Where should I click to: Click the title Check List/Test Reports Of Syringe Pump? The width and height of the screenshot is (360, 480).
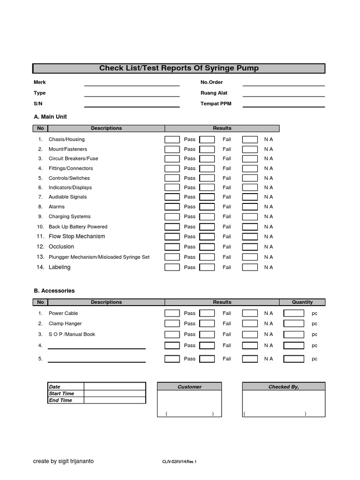pyautogui.click(x=179, y=68)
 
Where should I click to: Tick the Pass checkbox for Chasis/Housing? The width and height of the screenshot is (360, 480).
pyautogui.click(x=172, y=139)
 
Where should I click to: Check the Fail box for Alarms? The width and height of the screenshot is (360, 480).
pyautogui.click(x=207, y=207)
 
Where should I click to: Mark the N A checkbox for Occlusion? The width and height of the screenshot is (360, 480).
pyautogui.click(x=250, y=247)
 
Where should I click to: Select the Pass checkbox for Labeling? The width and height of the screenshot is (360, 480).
pyautogui.click(x=172, y=267)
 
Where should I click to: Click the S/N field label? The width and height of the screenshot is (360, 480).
pyautogui.click(x=37, y=104)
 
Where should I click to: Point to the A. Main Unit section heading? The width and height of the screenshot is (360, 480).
pyautogui.click(x=50, y=117)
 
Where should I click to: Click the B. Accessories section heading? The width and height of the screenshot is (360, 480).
pyautogui.click(x=54, y=291)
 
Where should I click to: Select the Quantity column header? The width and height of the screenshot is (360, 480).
pyautogui.click(x=302, y=302)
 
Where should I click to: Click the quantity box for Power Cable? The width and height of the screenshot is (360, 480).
pyautogui.click(x=294, y=313)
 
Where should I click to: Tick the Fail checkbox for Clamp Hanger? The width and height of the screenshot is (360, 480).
pyautogui.click(x=207, y=323)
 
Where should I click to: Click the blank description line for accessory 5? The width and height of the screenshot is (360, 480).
pyautogui.click(x=97, y=360)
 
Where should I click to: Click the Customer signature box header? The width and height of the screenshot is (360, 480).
pyautogui.click(x=189, y=387)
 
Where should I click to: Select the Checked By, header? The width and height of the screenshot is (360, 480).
pyautogui.click(x=284, y=387)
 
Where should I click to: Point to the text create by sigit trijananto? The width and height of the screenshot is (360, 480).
pyautogui.click(x=63, y=461)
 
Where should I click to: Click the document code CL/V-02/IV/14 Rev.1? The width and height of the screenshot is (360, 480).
pyautogui.click(x=180, y=462)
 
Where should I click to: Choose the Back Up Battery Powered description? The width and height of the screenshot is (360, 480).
pyautogui.click(x=78, y=226)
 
